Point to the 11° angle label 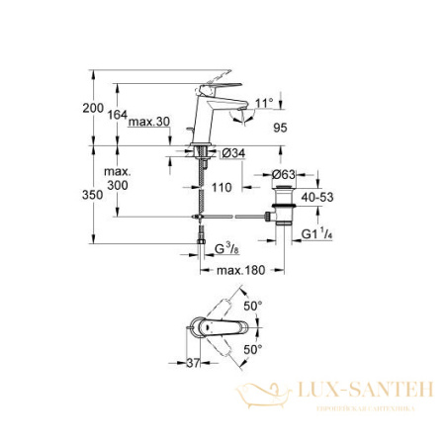pyautogui.click(x=261, y=101)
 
